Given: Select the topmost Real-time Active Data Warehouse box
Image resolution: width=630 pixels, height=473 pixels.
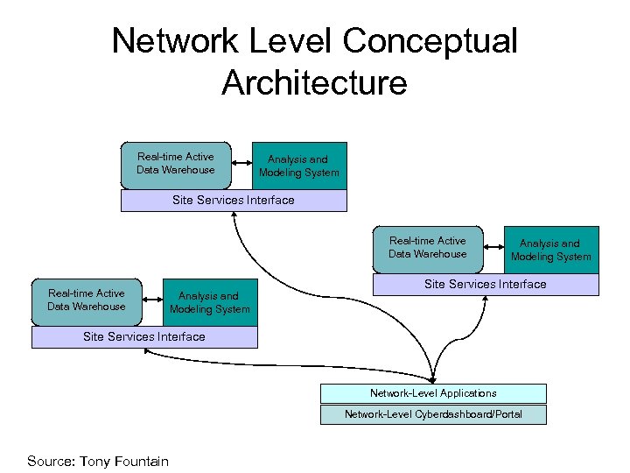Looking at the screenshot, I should click(x=175, y=164).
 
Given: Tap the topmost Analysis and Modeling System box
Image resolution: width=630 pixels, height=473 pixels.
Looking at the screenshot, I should click(x=299, y=166).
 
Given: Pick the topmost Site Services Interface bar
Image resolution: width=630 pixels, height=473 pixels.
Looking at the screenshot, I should click(x=233, y=201).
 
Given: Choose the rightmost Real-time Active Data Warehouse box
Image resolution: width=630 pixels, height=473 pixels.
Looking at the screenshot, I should click(x=428, y=248).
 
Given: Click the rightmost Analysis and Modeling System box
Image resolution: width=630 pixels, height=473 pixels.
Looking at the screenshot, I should click(x=551, y=250).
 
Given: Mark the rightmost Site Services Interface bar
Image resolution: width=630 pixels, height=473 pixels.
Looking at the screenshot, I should click(x=486, y=285).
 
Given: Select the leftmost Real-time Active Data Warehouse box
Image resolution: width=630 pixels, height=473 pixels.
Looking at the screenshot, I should click(x=87, y=300).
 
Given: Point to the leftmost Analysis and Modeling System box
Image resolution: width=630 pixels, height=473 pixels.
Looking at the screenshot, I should click(x=210, y=302).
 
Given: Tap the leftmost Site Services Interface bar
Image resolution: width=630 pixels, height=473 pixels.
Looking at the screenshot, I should click(x=144, y=337).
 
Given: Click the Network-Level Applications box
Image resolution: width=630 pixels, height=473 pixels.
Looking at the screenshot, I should click(x=433, y=393).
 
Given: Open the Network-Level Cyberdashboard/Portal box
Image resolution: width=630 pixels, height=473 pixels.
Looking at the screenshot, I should click(x=433, y=414).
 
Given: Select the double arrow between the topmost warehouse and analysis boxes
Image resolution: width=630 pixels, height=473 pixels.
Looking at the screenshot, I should click(x=241, y=164).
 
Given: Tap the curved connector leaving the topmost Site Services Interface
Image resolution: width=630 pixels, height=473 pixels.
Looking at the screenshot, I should click(x=262, y=272).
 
